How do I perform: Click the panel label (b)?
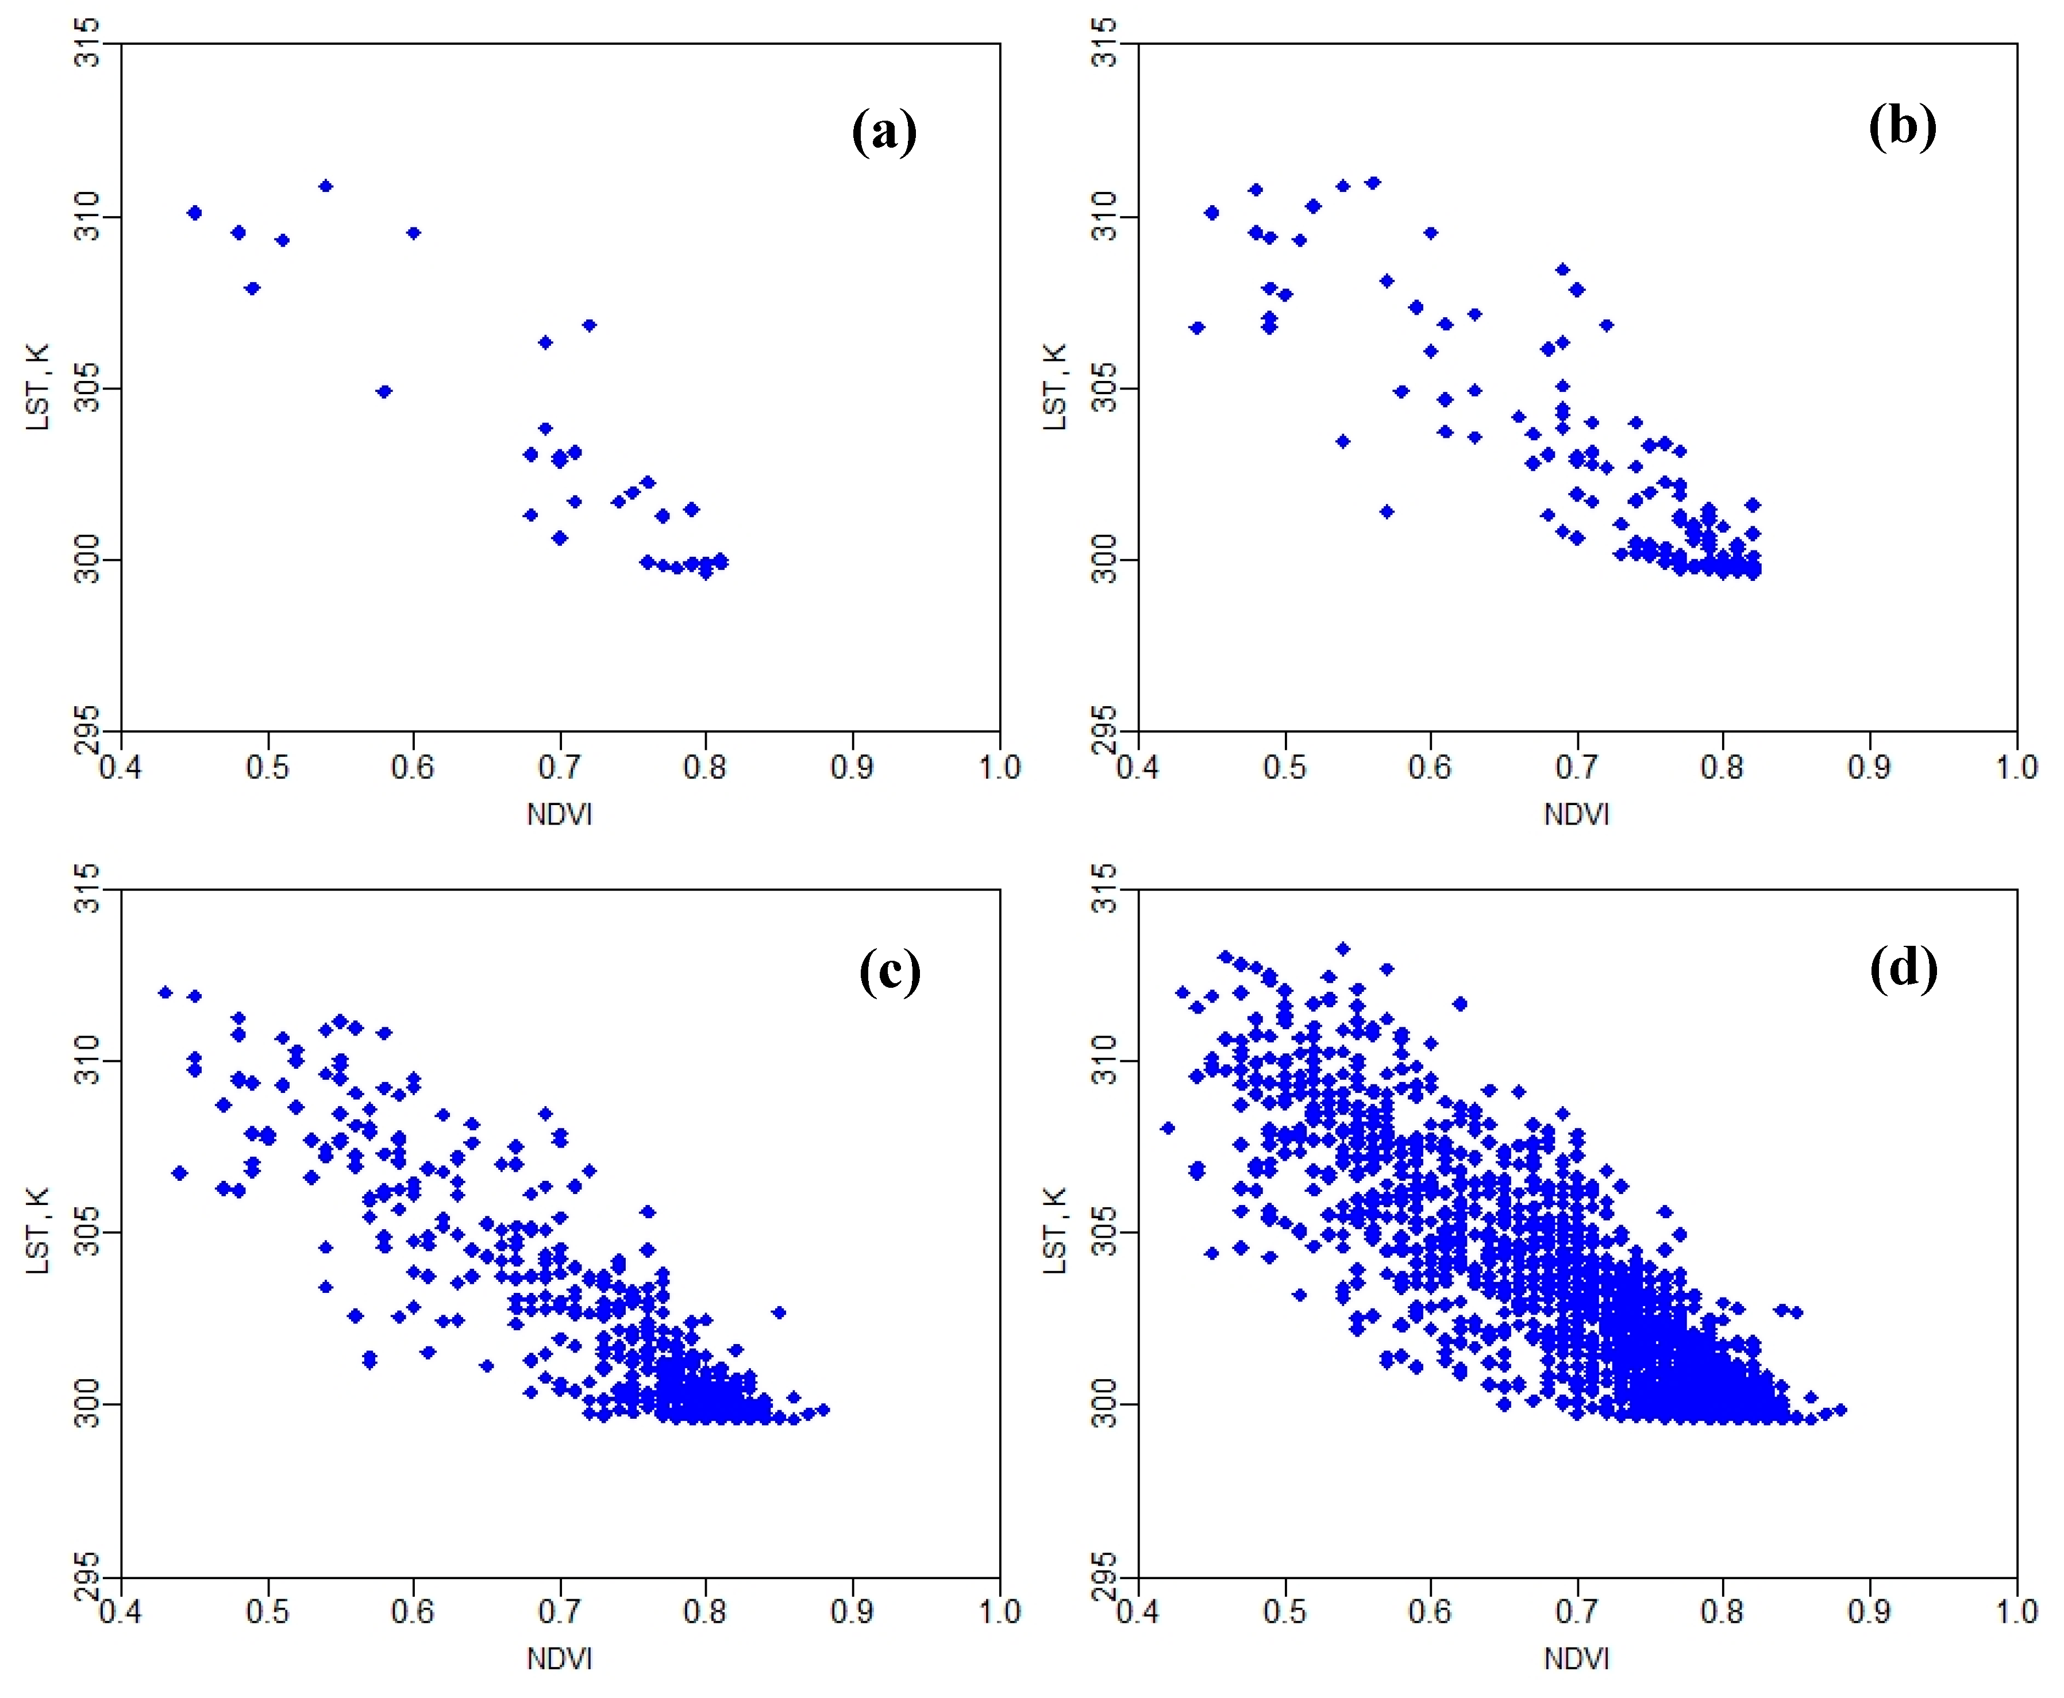[1901, 126]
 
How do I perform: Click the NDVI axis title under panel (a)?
[560, 814]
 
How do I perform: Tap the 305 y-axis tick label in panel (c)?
[88, 1233]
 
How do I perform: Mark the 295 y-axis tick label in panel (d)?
[1106, 1576]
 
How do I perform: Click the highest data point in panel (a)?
[326, 186]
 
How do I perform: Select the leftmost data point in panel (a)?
[195, 212]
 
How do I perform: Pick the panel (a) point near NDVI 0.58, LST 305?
[384, 391]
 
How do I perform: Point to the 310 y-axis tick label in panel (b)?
[1106, 216]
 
